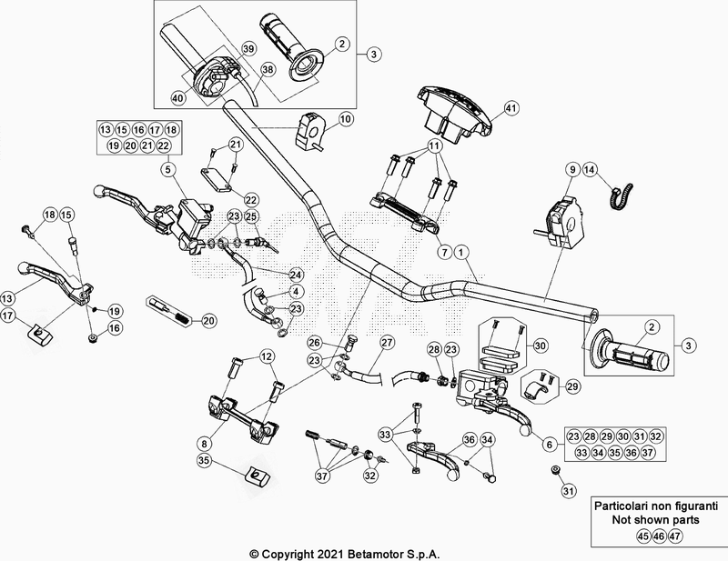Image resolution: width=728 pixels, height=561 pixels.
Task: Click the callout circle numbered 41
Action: pos(511,108)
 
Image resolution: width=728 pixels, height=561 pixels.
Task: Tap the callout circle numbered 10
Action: pos(346,118)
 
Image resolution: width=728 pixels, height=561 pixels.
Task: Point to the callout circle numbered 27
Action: pos(388,342)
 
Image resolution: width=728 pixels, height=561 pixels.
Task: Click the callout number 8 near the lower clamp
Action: pos(205,442)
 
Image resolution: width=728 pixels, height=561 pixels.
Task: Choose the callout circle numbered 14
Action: pos(589,169)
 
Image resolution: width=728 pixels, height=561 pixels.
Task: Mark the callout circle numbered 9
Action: pos(573,169)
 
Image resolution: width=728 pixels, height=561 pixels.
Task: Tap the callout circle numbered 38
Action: pos(268,68)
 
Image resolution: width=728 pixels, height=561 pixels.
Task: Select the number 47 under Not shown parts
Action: pos(674,535)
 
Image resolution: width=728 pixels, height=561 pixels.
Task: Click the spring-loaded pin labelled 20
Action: pos(171,310)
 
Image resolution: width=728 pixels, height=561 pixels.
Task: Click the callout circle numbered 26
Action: pos(314,343)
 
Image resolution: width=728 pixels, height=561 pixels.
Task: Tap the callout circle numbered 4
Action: pos(296,292)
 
